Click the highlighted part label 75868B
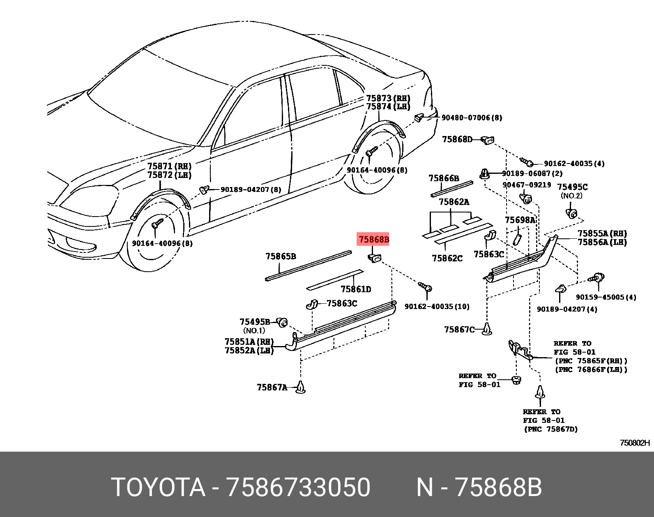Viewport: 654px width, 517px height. pyautogui.click(x=373, y=239)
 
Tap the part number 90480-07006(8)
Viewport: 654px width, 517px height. pyautogui.click(x=472, y=118)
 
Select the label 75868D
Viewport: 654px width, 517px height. pyautogui.click(x=457, y=139)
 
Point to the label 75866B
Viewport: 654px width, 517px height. pyautogui.click(x=444, y=178)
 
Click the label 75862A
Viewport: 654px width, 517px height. pyautogui.click(x=454, y=202)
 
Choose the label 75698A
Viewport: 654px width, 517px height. pyautogui.click(x=520, y=220)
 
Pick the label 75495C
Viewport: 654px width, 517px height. pyautogui.click(x=572, y=187)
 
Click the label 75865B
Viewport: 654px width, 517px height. pyautogui.click(x=281, y=256)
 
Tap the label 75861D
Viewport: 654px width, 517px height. pyautogui.click(x=356, y=289)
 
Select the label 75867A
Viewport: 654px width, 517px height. pyautogui.click(x=272, y=388)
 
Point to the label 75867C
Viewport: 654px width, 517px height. pyautogui.click(x=459, y=330)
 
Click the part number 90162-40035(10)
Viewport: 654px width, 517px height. pyautogui.click(x=437, y=307)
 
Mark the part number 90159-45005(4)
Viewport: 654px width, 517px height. pyautogui.click(x=606, y=297)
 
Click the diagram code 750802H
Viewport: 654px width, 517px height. pyautogui.click(x=635, y=443)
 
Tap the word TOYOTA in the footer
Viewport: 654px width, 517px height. pyautogui.click(x=158, y=487)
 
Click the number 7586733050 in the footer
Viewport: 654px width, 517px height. pyautogui.click(x=299, y=487)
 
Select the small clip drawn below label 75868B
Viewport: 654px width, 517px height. pyautogui.click(x=374, y=258)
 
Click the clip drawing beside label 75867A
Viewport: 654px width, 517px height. pyautogui.click(x=301, y=387)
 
